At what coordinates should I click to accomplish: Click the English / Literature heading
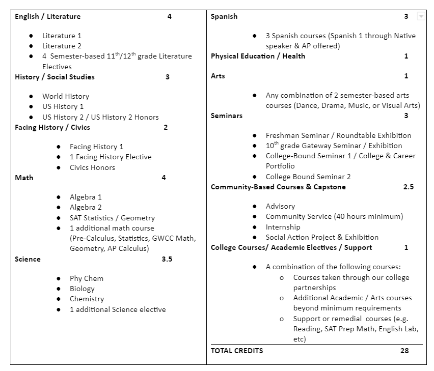point(47,16)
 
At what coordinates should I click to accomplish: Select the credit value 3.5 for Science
point(167,259)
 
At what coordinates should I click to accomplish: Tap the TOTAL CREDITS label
point(237,351)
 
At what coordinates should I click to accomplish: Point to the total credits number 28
point(404,351)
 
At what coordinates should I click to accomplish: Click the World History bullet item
point(65,96)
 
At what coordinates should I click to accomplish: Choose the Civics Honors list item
point(92,167)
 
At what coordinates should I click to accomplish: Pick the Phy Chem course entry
point(86,278)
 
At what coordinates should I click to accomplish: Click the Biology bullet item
point(82,289)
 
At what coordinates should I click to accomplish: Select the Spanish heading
point(224,16)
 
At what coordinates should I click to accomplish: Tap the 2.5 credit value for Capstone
point(408,187)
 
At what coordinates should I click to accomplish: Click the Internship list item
point(283,227)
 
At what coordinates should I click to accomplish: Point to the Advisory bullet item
point(280,206)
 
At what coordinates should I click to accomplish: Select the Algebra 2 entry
point(86,207)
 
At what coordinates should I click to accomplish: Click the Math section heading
point(24,178)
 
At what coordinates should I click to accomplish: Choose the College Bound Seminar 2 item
point(308,177)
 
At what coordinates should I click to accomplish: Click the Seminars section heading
point(227,116)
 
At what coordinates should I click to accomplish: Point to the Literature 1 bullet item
point(62,36)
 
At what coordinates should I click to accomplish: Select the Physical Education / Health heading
point(258,56)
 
